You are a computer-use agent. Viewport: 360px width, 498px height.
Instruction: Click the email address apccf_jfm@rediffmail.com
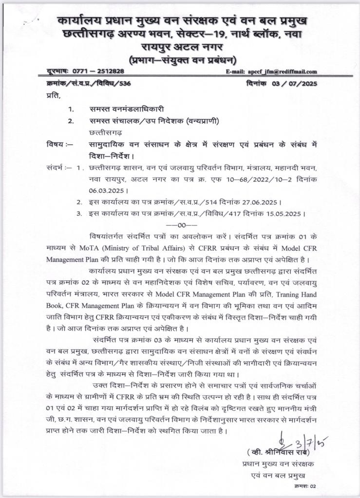(282, 71)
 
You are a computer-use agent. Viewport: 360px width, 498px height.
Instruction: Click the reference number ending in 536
(88, 83)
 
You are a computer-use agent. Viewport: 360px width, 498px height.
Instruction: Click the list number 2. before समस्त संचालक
(71, 121)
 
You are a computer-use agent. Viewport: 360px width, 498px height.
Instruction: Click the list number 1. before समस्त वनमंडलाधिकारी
(71, 109)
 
